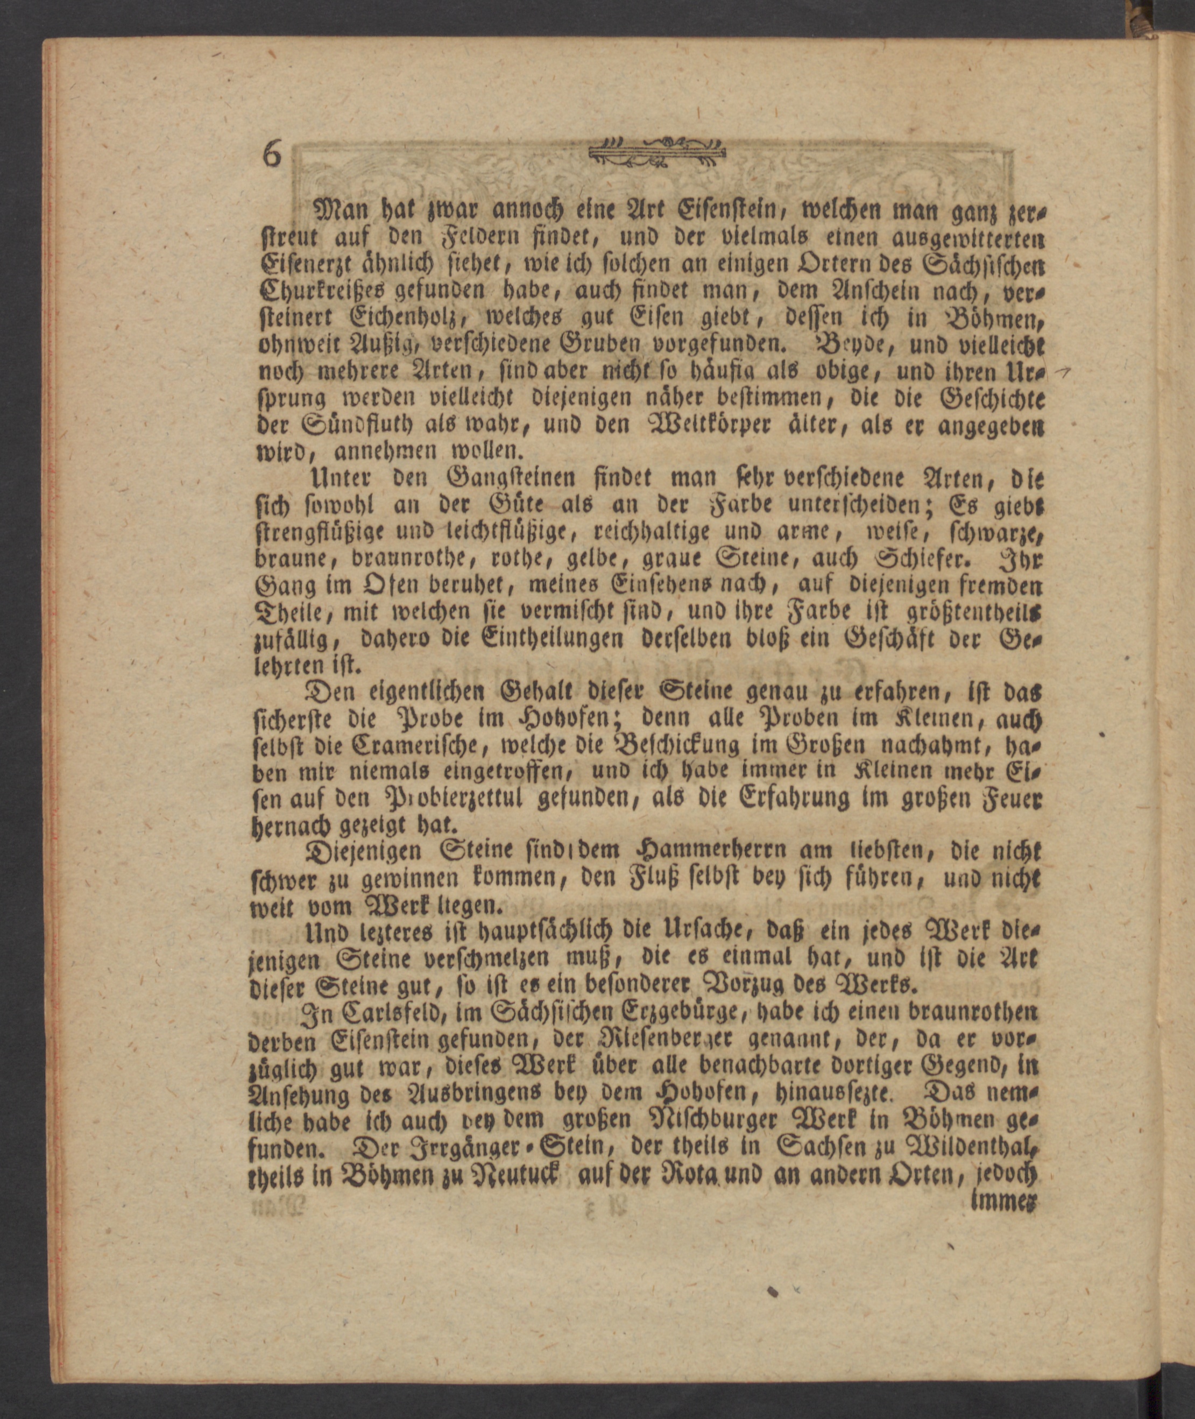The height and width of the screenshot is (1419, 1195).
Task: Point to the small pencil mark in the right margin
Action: click(1066, 371)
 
